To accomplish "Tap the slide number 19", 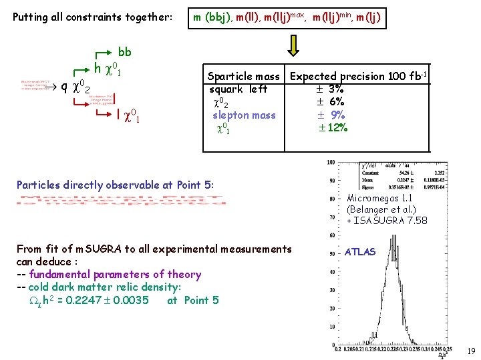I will click(x=471, y=351).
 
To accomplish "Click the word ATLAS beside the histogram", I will click(x=361, y=252).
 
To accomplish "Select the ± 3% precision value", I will click(x=329, y=89).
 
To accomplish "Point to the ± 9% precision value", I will click(x=331, y=115).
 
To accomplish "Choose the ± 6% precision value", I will click(x=329, y=101).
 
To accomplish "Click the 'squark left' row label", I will click(x=238, y=89).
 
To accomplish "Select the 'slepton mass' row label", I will click(x=244, y=115).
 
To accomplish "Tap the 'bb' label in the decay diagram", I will click(x=124, y=52).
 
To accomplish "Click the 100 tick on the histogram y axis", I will click(x=331, y=163).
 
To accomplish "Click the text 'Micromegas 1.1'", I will click(x=380, y=198).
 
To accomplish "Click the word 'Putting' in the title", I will click(x=31, y=17).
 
